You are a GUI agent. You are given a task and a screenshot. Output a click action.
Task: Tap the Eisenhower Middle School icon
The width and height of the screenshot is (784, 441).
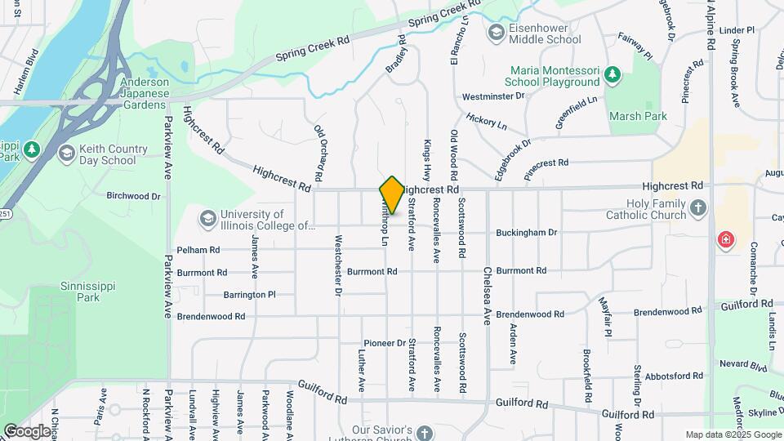(x=496, y=33)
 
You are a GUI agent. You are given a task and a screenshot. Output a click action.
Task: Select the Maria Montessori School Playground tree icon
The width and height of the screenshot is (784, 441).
(x=612, y=76)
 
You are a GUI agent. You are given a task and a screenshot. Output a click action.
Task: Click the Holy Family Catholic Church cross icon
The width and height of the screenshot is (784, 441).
(x=697, y=208)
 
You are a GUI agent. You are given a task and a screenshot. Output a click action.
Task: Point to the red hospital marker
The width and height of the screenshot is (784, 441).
(x=724, y=240)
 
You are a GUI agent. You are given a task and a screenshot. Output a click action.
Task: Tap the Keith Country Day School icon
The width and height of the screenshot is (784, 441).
(x=66, y=153)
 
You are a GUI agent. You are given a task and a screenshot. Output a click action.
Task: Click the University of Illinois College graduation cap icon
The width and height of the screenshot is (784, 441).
(x=207, y=218)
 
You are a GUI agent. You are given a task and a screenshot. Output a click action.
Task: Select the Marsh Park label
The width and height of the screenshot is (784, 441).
(x=638, y=116)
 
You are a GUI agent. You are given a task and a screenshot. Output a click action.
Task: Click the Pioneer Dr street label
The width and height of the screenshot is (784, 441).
(x=385, y=343)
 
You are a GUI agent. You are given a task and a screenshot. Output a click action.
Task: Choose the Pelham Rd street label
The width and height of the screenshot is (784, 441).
(x=198, y=250)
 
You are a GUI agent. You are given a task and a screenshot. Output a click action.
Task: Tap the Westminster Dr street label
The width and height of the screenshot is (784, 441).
(x=492, y=96)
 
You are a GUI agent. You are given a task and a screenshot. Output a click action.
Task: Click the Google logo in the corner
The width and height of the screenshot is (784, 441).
(x=27, y=430)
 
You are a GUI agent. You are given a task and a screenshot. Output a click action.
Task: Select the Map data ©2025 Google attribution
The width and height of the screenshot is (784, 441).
(x=732, y=434)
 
